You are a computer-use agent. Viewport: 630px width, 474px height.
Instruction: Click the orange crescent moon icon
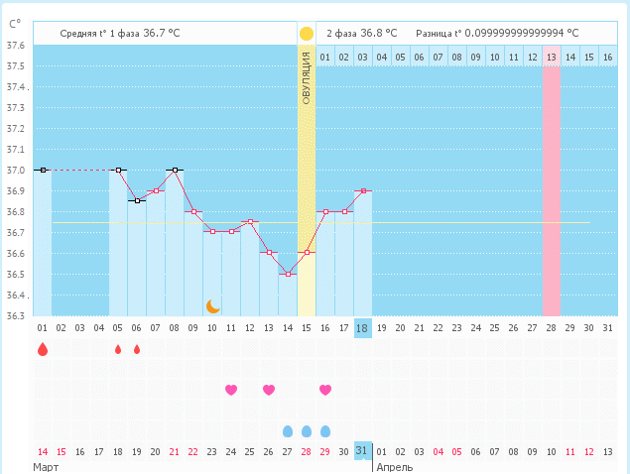(x=212, y=306)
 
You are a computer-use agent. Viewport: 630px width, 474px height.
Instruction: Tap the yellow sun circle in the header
(x=307, y=34)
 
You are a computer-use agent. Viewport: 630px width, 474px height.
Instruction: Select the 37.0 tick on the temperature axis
(x=16, y=171)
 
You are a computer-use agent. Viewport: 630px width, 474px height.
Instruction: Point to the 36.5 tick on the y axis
(x=16, y=275)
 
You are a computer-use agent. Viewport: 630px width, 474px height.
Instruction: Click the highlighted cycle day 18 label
(x=363, y=328)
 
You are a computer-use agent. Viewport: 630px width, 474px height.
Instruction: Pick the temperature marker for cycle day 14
(x=288, y=274)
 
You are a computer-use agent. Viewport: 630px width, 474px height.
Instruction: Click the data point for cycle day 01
(x=42, y=171)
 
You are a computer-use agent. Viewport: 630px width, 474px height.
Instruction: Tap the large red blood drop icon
(x=42, y=349)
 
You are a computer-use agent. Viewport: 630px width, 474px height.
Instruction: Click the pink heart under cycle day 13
(x=269, y=390)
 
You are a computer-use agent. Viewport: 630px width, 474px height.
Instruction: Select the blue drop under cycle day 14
(x=288, y=431)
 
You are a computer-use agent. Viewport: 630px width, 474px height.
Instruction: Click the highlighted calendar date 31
(x=363, y=451)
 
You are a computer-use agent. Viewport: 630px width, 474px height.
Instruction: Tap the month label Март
(x=46, y=466)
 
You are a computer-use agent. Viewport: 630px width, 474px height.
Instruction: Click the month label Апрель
(x=394, y=466)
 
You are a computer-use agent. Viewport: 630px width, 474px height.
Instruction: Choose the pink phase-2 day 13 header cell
(x=552, y=58)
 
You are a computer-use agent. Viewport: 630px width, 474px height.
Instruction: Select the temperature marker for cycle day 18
(x=363, y=190)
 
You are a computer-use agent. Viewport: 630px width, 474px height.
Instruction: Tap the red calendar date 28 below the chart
(x=307, y=451)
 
